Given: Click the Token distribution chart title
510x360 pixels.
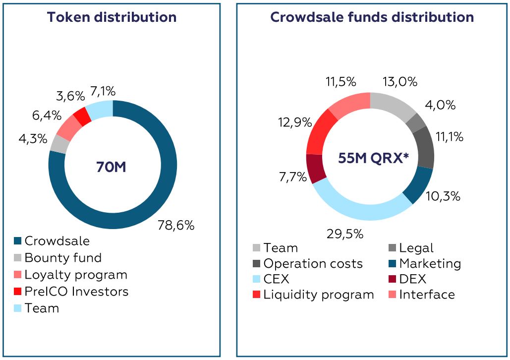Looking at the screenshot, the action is [112, 17].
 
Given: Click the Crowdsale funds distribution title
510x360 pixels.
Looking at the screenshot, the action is [372, 17].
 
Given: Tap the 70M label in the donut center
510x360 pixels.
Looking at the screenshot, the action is [111, 167].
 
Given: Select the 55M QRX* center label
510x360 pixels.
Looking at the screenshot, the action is [373, 158].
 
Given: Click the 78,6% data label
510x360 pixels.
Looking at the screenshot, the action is [176, 225].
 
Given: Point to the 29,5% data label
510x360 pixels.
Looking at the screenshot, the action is [345, 234].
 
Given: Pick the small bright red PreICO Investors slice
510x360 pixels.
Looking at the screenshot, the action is [82, 117].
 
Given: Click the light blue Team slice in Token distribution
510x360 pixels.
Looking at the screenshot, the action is [100, 110].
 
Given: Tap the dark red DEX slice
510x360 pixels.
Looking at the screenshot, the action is [316, 169].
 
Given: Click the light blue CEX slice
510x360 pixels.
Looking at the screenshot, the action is [359, 206].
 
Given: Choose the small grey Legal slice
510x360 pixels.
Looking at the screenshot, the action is [416, 123].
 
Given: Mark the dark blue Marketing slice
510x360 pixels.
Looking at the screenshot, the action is [419, 184].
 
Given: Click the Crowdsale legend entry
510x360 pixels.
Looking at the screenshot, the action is [52, 241].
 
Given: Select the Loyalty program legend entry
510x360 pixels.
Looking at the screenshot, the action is [70, 275].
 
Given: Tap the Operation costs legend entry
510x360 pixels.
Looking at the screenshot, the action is [308, 264].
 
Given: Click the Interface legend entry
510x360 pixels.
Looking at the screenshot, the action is [422, 295].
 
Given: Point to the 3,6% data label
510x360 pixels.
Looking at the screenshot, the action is [70, 96].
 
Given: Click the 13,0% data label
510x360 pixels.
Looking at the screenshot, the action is [400, 82].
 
